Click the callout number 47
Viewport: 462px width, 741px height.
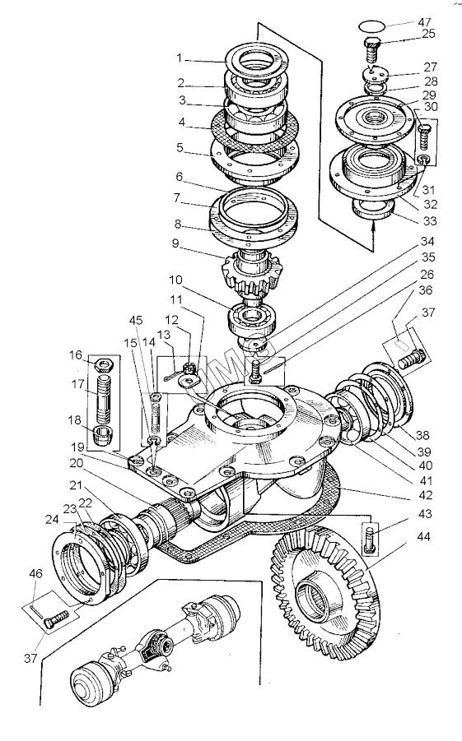[424, 22]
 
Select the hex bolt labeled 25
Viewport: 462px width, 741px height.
[371, 49]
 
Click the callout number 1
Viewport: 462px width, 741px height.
[179, 58]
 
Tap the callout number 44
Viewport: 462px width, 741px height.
[424, 536]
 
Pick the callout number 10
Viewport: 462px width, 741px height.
[175, 280]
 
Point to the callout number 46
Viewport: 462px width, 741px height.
[36, 574]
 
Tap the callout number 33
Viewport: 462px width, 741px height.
[430, 220]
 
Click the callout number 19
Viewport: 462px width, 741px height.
[77, 447]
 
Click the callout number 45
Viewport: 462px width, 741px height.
[136, 320]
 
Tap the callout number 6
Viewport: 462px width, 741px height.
[179, 176]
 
